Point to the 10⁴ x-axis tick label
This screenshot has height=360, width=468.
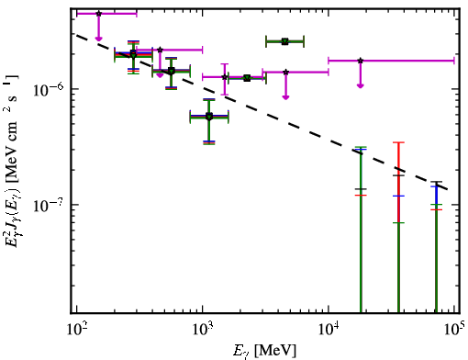(329, 330)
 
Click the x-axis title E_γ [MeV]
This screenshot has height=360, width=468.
(264, 351)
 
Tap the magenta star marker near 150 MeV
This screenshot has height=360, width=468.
(98, 14)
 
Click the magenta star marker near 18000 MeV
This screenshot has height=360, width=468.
(361, 61)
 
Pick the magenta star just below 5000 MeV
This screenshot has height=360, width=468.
(285, 73)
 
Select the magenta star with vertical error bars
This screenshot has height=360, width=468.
(225, 77)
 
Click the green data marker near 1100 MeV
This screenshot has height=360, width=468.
(209, 117)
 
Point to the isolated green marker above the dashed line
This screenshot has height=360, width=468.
(284, 41)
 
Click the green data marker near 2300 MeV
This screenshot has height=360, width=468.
(247, 78)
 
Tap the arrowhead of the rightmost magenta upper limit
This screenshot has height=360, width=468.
(361, 85)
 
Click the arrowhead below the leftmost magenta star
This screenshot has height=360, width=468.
(98, 39)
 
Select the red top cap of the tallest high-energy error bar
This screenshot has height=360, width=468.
(398, 142)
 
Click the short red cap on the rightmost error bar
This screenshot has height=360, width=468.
(436, 209)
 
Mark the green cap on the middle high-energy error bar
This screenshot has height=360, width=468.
(398, 222)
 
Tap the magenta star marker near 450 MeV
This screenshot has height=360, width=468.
(160, 50)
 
